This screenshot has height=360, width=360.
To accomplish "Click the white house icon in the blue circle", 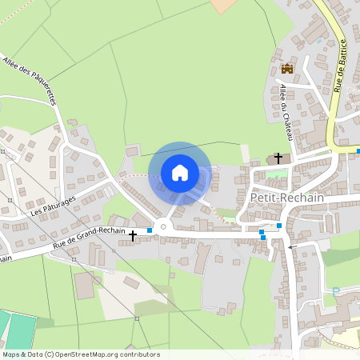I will pos(180,172).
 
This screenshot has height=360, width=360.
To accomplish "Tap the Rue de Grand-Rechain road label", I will pos(89,237).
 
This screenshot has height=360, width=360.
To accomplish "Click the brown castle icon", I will pos(287,69).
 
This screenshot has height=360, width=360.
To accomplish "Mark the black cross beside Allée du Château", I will pos(278,158).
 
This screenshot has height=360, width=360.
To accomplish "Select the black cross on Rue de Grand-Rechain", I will pos(133,236).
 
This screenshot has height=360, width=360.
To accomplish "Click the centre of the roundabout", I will pos(163,227).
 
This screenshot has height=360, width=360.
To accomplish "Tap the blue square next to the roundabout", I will pos(150,230).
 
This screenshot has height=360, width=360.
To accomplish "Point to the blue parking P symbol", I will pos(336,290).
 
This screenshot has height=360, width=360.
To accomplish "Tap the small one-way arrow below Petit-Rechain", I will pos(290,248).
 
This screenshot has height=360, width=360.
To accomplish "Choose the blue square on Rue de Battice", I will pos(358,150).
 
